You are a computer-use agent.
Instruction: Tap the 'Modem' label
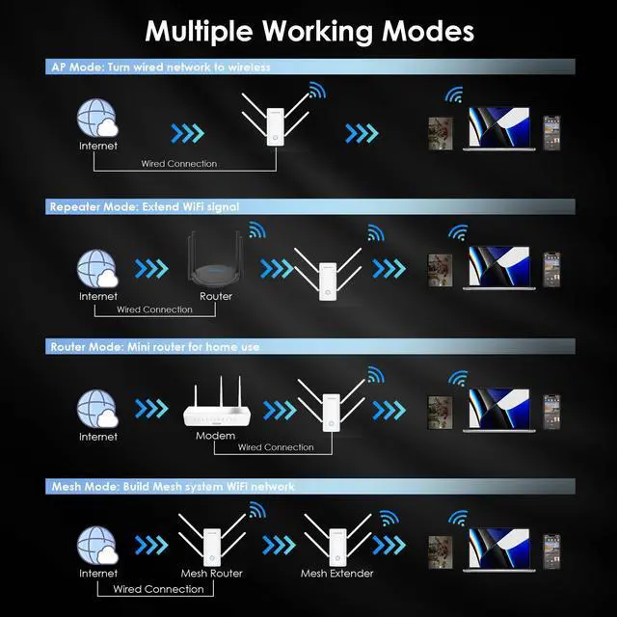click(216, 437)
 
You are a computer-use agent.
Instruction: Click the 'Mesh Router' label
click(212, 574)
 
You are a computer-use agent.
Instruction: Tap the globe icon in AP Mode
click(97, 121)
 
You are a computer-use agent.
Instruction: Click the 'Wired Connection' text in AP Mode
click(179, 164)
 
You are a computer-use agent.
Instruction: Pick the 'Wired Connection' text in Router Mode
click(276, 447)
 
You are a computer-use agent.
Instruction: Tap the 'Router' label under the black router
click(216, 297)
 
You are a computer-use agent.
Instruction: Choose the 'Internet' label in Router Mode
click(97, 437)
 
